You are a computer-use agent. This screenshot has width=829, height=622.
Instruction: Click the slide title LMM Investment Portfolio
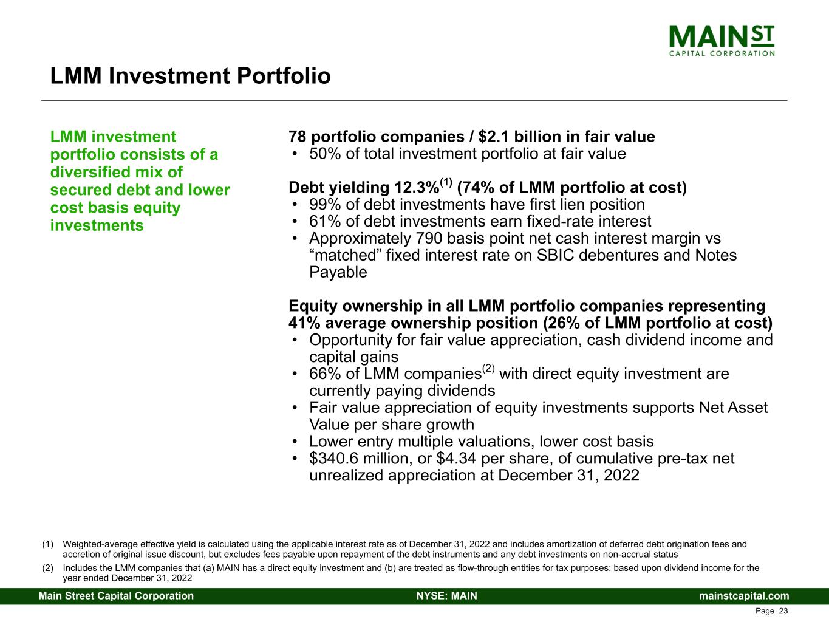point(190,77)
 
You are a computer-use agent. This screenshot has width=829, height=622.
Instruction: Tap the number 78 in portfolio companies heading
point(298,137)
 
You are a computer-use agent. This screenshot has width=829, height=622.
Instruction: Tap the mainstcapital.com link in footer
point(744,596)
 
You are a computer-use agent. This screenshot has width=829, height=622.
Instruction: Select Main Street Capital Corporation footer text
point(117,596)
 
